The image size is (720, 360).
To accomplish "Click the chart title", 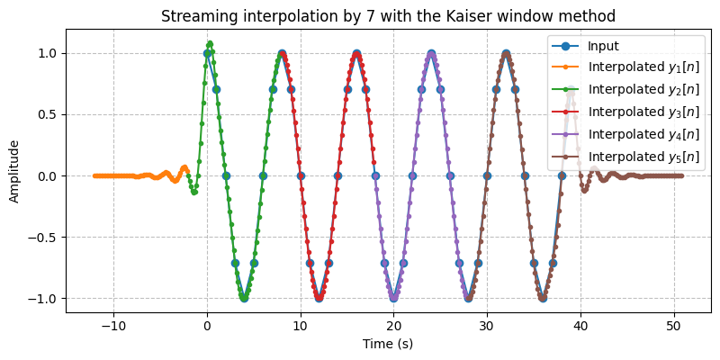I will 387,15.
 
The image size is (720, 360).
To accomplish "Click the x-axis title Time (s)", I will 387,344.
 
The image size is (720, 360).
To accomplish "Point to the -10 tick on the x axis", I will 113,325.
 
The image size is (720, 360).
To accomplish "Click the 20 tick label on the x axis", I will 394,325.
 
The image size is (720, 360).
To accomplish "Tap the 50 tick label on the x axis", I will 674,325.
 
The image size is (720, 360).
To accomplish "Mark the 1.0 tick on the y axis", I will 48,53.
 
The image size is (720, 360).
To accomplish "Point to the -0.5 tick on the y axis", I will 44,238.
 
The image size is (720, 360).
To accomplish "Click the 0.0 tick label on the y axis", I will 48,176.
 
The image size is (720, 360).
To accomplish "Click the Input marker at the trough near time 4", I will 244,298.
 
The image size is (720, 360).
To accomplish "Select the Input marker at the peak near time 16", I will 356,53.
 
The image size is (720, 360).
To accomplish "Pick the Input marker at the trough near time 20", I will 394,298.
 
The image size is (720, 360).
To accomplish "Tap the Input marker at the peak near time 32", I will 506,53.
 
